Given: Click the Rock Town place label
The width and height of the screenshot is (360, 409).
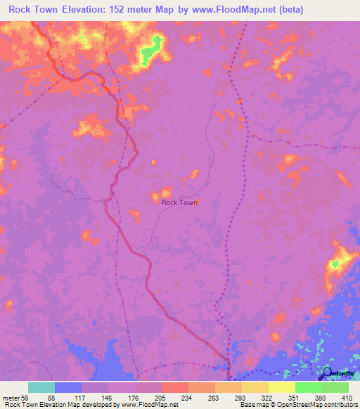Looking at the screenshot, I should (179, 202).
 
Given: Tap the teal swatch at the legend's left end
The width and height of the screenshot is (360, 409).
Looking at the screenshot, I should (41, 387).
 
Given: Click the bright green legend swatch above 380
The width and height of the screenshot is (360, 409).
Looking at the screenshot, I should (308, 387).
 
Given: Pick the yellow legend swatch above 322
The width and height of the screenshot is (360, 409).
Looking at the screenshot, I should (255, 387).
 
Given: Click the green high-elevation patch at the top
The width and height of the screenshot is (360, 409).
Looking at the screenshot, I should (150, 52).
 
